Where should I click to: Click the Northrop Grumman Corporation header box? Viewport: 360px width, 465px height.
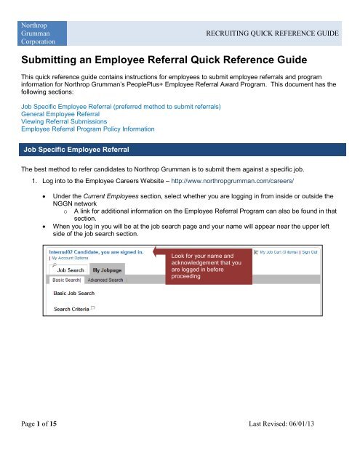pyautogui.click(x=44, y=32)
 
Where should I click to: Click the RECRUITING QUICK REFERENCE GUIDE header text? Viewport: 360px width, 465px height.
pyautogui.click(x=287, y=33)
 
